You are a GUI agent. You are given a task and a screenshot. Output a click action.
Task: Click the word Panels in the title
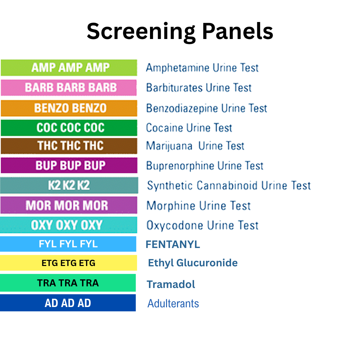238,32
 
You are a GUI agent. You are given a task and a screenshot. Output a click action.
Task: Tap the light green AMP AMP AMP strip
69,68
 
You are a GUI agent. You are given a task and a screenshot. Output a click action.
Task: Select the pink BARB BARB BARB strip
69,88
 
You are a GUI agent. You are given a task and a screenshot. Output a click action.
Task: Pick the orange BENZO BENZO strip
69,108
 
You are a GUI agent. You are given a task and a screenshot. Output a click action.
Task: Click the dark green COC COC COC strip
69,128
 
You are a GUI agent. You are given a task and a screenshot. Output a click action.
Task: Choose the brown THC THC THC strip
69,146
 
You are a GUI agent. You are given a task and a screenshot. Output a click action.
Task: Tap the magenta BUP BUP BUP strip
69,165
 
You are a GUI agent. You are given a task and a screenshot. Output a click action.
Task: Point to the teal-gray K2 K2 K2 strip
69,185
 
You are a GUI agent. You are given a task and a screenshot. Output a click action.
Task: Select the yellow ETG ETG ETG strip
68,263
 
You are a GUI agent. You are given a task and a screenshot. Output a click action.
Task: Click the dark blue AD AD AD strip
68,303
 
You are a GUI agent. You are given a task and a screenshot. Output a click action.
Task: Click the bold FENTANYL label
173,244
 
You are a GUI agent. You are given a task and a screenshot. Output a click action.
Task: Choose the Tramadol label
171,284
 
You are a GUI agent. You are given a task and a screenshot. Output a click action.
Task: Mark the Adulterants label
173,304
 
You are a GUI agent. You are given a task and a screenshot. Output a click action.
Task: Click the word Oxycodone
175,226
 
